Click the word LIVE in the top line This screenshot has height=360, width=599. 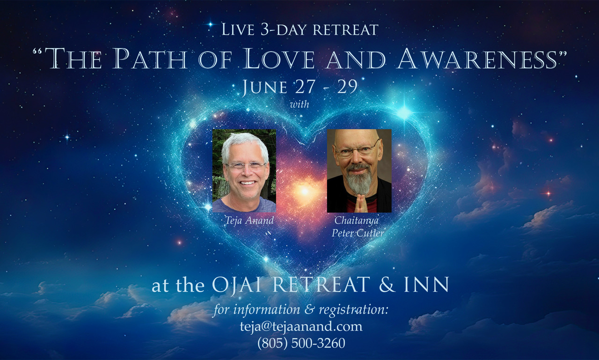click(x=238, y=29)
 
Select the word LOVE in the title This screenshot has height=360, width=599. click(x=278, y=59)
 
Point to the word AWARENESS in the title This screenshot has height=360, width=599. click(x=477, y=59)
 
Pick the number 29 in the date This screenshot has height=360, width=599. click(x=347, y=87)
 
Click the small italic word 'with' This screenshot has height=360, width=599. click(x=299, y=104)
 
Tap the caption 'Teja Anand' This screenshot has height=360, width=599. click(x=249, y=220)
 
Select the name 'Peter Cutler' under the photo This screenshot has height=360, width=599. click(x=358, y=233)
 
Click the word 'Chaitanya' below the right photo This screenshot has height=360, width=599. click(x=357, y=220)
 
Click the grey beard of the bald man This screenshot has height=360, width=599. click(x=359, y=179)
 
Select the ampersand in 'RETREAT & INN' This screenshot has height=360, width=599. click(x=387, y=285)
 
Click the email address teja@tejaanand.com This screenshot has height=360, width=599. click(x=301, y=327)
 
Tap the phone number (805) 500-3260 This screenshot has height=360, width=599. click(x=301, y=343)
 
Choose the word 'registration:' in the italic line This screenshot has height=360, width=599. click(x=353, y=310)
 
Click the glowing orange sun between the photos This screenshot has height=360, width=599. click(x=305, y=191)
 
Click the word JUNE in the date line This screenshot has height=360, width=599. click(x=264, y=87)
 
